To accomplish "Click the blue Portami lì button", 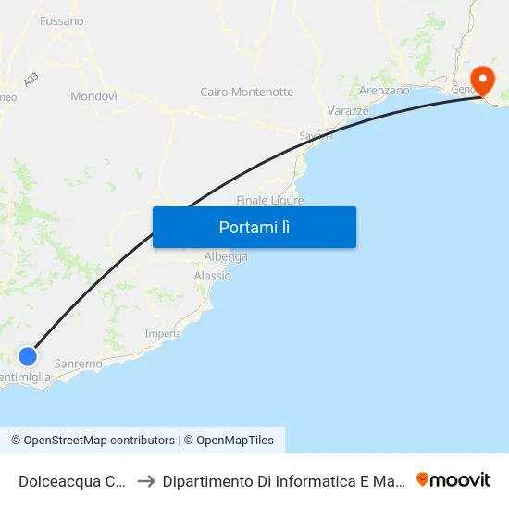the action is click(254, 227).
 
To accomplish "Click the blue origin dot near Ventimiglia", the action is click(29, 355).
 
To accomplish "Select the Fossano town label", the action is click(62, 20).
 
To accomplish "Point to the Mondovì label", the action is click(93, 95).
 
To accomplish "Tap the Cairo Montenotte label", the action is click(246, 92).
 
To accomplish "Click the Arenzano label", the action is click(383, 91).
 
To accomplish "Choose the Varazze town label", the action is click(348, 111).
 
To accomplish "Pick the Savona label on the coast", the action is click(316, 135).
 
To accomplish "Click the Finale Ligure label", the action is click(270, 200).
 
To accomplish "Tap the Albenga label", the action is click(226, 256).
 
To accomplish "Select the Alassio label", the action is click(213, 276).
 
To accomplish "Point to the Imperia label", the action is click(163, 334).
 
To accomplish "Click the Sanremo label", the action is click(78, 364).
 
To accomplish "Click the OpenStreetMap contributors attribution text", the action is click(99, 441).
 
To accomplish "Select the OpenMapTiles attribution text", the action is click(234, 441).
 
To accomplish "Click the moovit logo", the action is click(453, 480).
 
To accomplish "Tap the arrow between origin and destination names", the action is click(144, 481).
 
